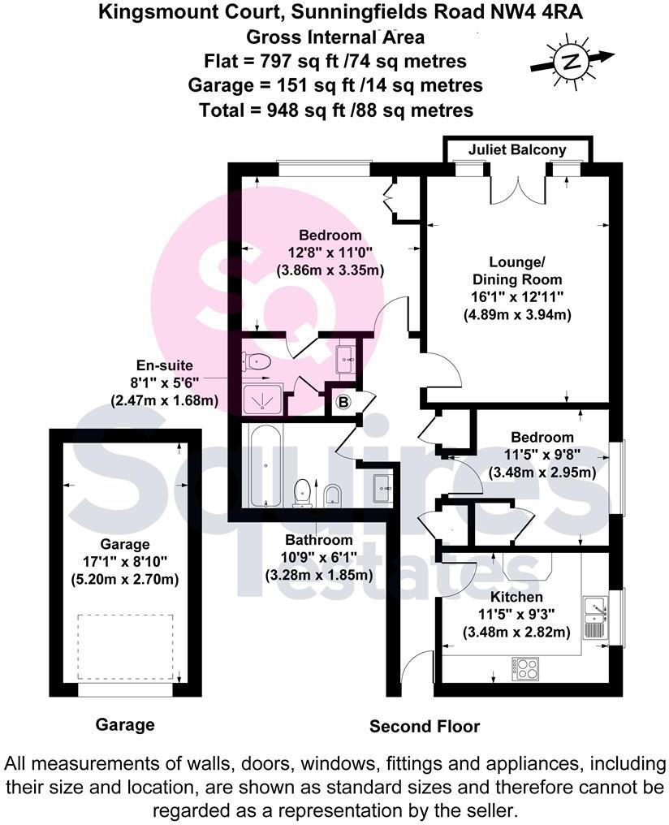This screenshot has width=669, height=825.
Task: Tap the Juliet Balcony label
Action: click(517, 150)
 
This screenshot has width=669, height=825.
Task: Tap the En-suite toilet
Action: click(257, 362)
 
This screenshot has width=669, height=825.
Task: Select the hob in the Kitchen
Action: click(527, 671)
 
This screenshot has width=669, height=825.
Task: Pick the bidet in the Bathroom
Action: click(332, 495)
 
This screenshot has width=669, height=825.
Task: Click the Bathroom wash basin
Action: click(382, 487)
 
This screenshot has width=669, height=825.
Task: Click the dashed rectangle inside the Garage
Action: click(125, 647)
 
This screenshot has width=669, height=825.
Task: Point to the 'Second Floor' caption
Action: click(425, 726)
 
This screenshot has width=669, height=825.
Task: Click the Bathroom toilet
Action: click(304, 491)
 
